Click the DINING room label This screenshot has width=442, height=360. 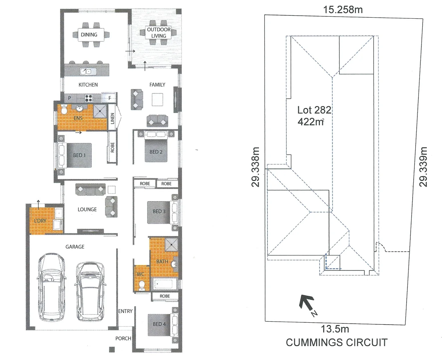point(89,35)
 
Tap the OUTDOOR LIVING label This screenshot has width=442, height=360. point(159,33)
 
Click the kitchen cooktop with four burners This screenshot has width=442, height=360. point(89,98)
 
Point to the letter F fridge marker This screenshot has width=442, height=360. point(109,98)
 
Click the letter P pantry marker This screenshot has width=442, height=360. point(69,98)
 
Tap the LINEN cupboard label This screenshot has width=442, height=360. point(112,119)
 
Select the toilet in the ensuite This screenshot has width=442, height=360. point(63,109)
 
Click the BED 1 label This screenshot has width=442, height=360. point(79,155)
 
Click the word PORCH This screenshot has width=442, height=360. point(123,338)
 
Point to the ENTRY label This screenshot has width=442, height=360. point(125,311)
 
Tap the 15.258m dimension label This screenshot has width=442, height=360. point(343,10)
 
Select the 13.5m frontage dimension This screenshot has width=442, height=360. point(335,329)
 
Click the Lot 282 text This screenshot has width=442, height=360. point(314,110)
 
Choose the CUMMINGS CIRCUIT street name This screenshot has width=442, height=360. point(337,342)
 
